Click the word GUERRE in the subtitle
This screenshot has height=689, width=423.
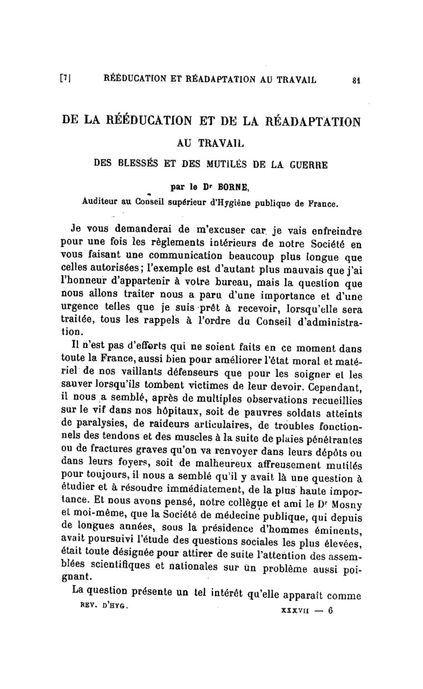[310, 163]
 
